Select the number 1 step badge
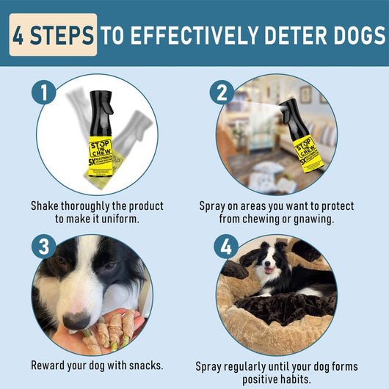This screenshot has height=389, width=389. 46,94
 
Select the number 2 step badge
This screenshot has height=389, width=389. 222,94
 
